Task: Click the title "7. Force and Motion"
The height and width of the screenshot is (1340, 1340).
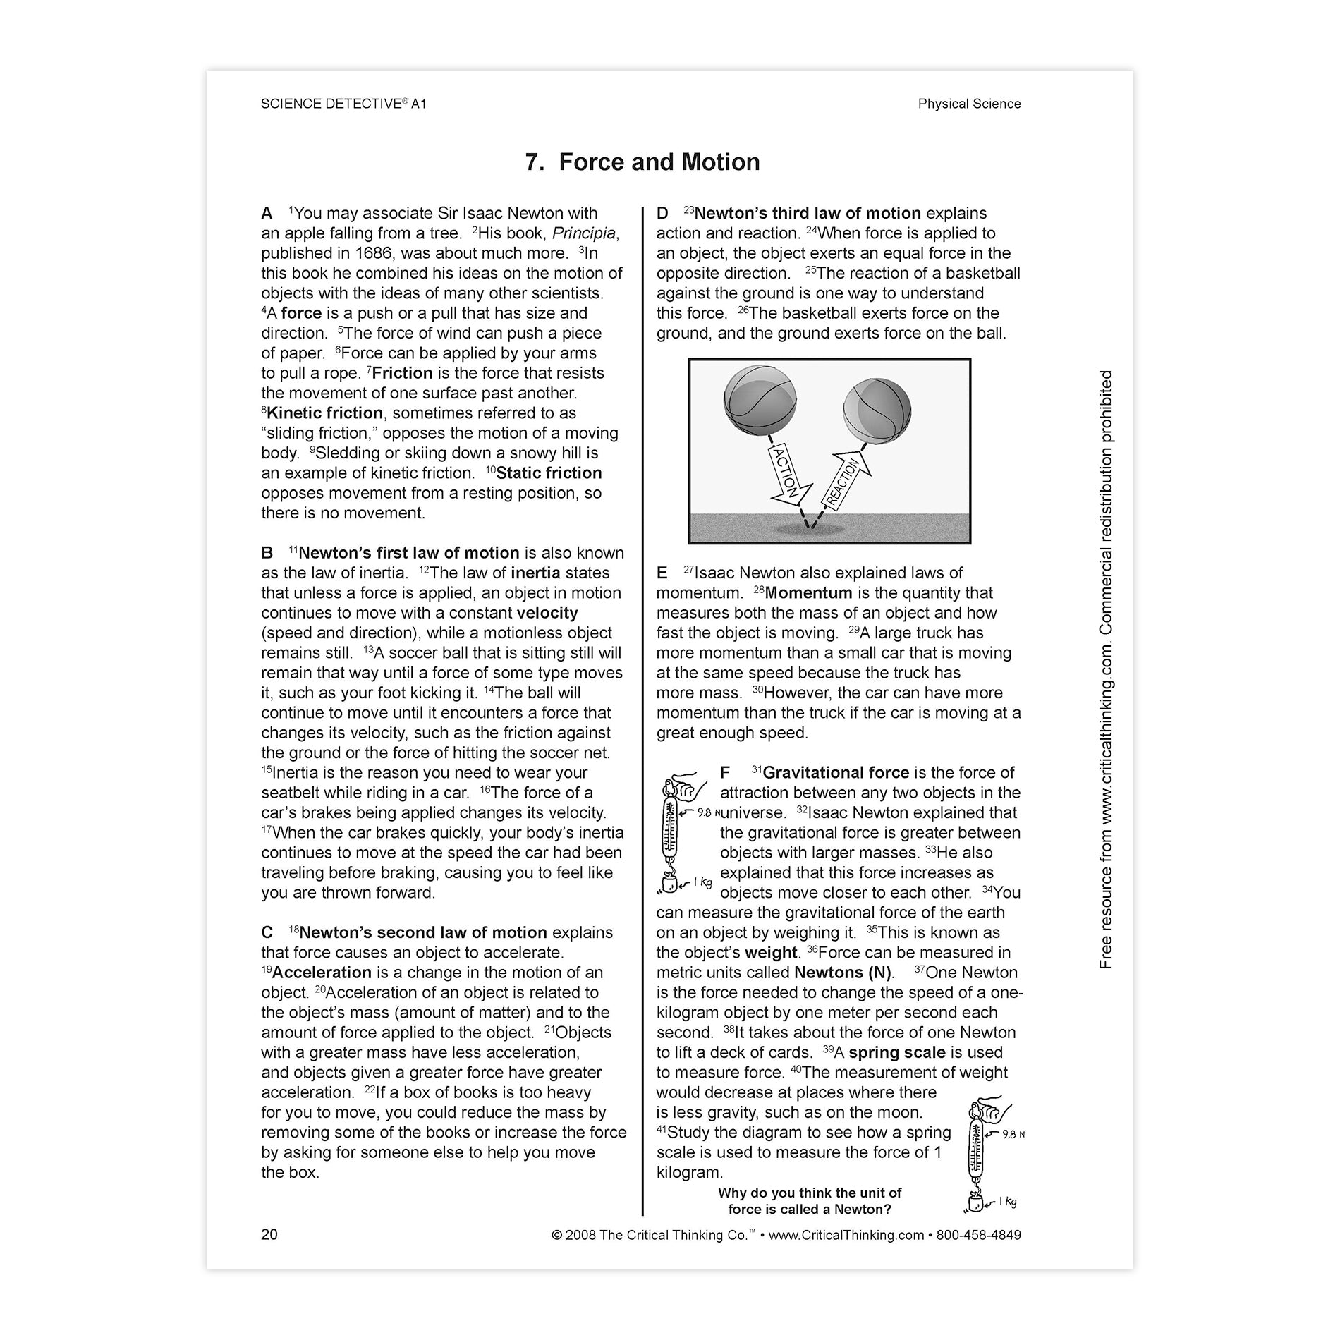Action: pos(642,162)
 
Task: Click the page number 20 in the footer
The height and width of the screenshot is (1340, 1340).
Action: pos(269,1234)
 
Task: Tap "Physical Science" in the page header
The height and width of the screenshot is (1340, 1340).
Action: pos(969,104)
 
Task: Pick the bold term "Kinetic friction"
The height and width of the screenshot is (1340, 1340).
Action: pos(324,413)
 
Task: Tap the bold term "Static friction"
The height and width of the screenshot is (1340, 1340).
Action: pos(549,473)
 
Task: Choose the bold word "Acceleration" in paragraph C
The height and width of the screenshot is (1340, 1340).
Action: pos(321,973)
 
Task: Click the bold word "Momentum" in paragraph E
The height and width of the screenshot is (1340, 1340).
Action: pos(808,593)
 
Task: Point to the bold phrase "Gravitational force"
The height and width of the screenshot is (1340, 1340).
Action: pos(836,773)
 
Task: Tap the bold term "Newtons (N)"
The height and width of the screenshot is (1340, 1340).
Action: pos(843,973)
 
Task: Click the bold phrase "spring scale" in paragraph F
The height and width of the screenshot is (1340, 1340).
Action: pos(896,1052)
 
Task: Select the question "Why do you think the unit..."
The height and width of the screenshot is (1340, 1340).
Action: pos(810,1201)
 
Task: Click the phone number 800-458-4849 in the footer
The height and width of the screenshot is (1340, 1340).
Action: pos(978,1234)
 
